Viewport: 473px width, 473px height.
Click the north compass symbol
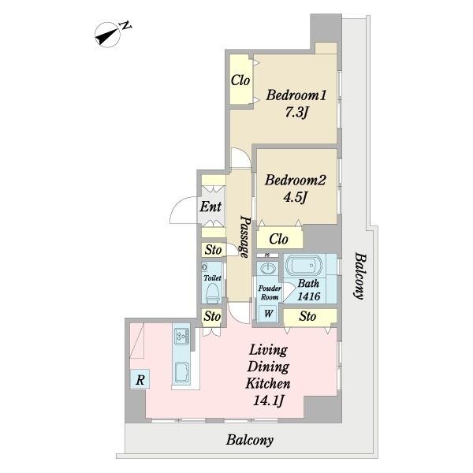coord(107,35)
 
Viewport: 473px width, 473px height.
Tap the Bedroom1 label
coord(296,95)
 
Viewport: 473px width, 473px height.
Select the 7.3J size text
coord(296,113)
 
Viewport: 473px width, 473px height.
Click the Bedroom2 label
coord(296,181)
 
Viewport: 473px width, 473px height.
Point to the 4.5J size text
coord(295,198)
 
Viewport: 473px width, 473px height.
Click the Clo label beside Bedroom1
coord(240,80)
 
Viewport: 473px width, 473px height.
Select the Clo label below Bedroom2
coord(278,239)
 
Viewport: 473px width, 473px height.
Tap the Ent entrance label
coord(210,207)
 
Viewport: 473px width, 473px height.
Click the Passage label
coord(245,236)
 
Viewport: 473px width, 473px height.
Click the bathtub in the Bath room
coord(304,266)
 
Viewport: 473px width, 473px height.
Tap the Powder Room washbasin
coord(268,267)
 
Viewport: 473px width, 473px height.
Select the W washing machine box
coord(268,314)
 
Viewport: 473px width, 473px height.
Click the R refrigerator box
coord(140,379)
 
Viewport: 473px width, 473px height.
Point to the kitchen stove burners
coord(182,337)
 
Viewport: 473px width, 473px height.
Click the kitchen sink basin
coord(182,373)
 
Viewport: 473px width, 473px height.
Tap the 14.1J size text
coord(268,401)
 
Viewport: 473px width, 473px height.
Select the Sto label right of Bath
coord(307,316)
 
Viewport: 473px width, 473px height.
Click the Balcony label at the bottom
coord(250,440)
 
